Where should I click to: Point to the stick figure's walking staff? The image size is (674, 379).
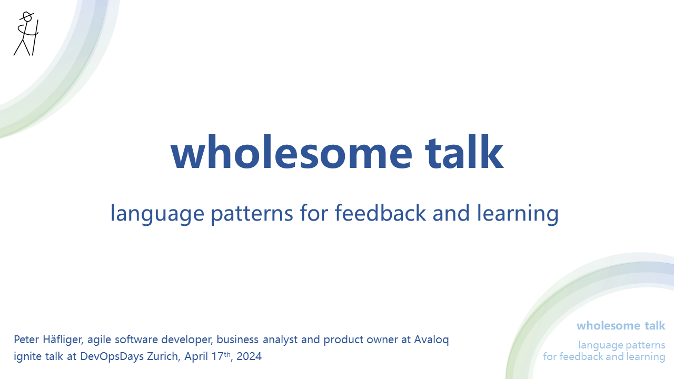click(35, 37)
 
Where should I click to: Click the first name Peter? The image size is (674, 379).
click(28, 340)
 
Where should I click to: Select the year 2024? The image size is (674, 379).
click(249, 356)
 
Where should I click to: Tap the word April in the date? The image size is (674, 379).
click(196, 357)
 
